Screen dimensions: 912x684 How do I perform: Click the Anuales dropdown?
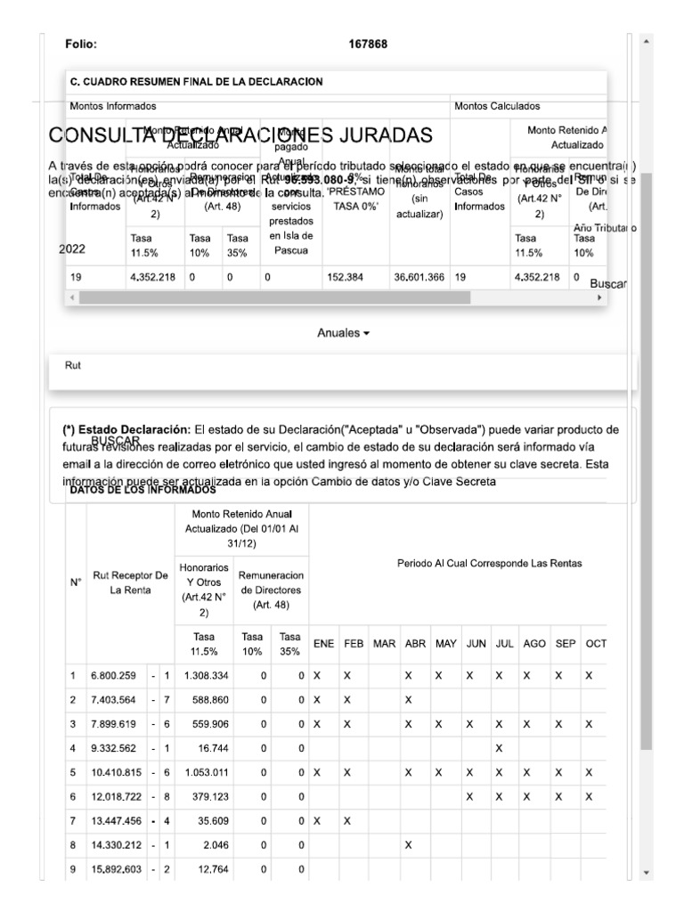click(x=343, y=333)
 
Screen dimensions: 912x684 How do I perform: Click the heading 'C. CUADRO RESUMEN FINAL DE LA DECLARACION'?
click(x=196, y=82)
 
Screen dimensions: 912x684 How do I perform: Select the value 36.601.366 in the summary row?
click(x=419, y=277)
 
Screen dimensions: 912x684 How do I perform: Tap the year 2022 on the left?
click(x=71, y=249)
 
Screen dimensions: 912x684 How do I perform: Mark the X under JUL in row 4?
click(x=499, y=746)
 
